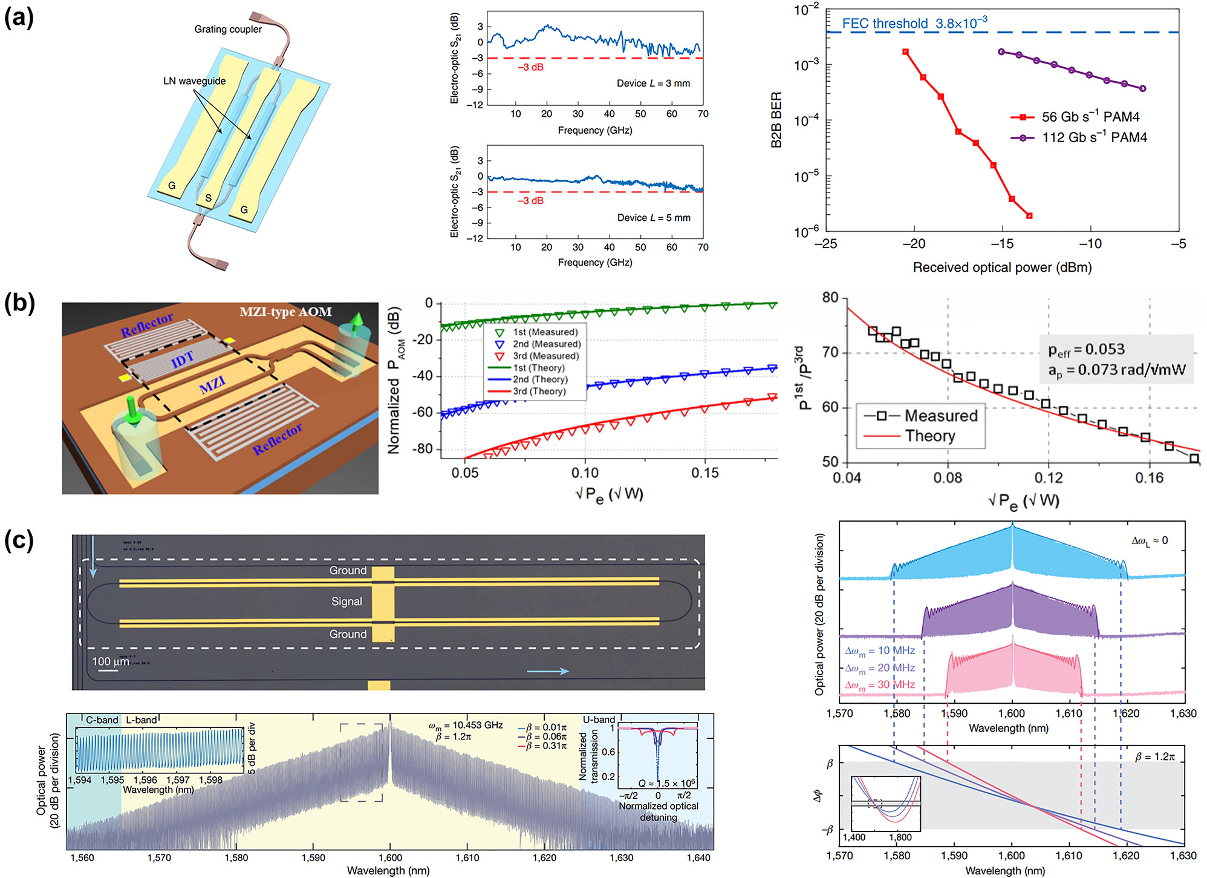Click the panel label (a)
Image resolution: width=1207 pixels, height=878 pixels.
point(19,19)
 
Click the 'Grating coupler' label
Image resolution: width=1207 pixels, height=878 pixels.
point(228,29)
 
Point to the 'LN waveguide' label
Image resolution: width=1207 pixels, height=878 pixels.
point(194,81)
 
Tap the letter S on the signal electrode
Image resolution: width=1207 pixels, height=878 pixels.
point(208,198)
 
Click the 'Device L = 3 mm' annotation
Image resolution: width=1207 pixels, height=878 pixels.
point(653,84)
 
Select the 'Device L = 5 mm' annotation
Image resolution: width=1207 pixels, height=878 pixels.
point(653,218)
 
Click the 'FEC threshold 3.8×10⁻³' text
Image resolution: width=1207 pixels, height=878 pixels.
point(914,24)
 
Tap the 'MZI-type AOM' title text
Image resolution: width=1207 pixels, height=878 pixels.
point(285,312)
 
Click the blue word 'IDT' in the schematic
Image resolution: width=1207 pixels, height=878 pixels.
point(182,360)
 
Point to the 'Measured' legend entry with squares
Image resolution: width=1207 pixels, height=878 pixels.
point(940,416)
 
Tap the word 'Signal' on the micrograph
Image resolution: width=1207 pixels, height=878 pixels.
point(346,601)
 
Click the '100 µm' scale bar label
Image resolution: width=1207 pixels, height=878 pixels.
point(110,661)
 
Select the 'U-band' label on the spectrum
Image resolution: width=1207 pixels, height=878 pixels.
point(599,719)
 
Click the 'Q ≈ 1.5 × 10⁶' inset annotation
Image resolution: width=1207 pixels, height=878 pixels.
point(666,783)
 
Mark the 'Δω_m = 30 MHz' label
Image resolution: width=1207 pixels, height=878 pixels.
point(880,685)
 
